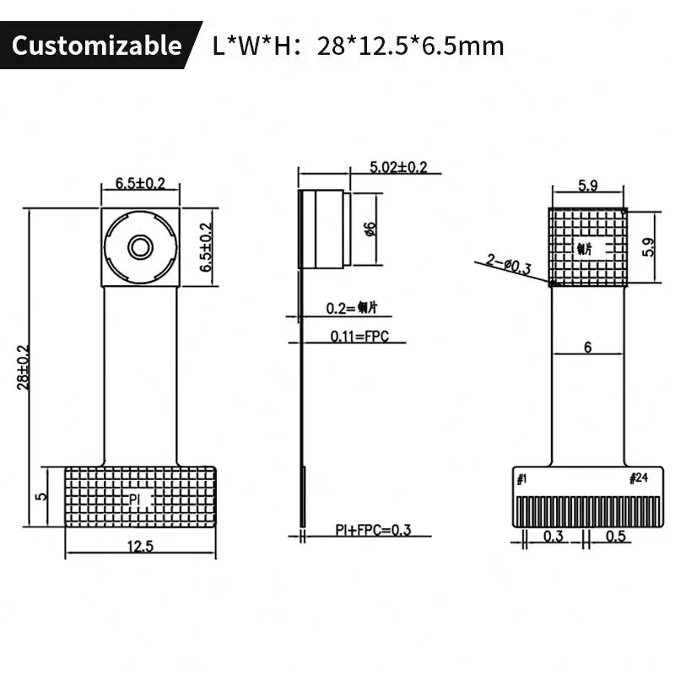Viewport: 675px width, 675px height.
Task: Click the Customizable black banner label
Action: pyautogui.click(x=96, y=45)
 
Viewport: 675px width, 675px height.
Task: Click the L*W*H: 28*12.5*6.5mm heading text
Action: pyautogui.click(x=358, y=45)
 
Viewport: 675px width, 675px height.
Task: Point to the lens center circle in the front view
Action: pyautogui.click(x=139, y=246)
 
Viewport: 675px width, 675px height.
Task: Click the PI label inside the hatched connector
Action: pyautogui.click(x=135, y=499)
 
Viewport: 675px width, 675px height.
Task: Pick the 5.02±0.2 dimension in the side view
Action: pyautogui.click(x=398, y=167)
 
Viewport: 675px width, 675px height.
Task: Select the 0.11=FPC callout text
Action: pyautogui.click(x=358, y=336)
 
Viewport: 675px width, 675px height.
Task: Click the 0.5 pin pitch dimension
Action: pyautogui.click(x=617, y=536)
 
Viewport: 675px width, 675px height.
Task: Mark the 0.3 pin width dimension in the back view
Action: pyautogui.click(x=553, y=536)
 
